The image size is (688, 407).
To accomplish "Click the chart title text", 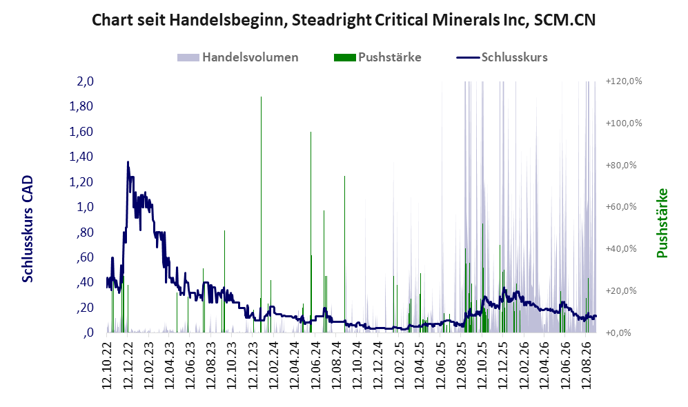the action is click(344, 20).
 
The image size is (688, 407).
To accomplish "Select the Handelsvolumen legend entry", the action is click(238, 57).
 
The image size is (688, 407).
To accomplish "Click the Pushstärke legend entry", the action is click(377, 57).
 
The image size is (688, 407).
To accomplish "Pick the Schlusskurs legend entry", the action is click(502, 57).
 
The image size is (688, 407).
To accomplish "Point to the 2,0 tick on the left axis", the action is click(85, 81).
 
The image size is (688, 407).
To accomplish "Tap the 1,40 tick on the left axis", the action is click(81, 157).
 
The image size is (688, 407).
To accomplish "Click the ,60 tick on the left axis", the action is click(85, 257).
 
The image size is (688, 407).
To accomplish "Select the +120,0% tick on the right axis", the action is click(624, 81).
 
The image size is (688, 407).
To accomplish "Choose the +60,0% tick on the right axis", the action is click(621, 206).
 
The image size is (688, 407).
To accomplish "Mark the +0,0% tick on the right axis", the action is click(618, 332).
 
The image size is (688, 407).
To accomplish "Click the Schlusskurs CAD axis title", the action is click(27, 228).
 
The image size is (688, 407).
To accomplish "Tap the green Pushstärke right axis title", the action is click(662, 224).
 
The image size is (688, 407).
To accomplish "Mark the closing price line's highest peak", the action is click(128, 162).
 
